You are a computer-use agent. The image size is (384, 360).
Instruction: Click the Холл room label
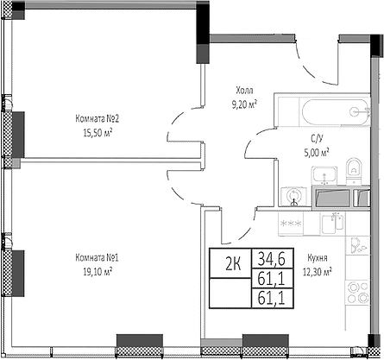(246, 90)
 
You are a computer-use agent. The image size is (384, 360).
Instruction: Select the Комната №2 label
(97, 119)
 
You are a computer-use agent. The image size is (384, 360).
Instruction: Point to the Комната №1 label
(96, 256)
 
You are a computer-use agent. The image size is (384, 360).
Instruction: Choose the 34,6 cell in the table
(268, 257)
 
